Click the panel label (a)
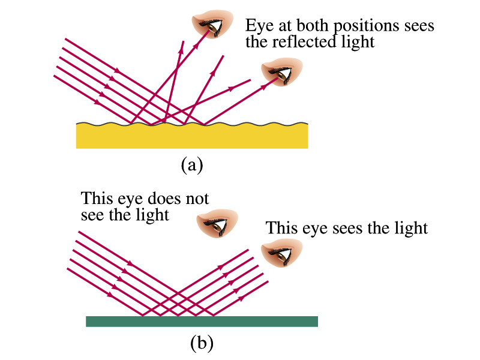(x=192, y=165)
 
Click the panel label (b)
(x=202, y=343)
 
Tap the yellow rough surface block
(x=192, y=136)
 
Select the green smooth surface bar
(x=202, y=322)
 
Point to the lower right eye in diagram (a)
(x=281, y=71)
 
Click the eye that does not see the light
(x=217, y=223)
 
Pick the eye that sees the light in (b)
(x=281, y=253)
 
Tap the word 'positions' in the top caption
(x=367, y=26)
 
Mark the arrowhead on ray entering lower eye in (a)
(x=263, y=88)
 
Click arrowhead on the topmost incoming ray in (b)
(x=130, y=263)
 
